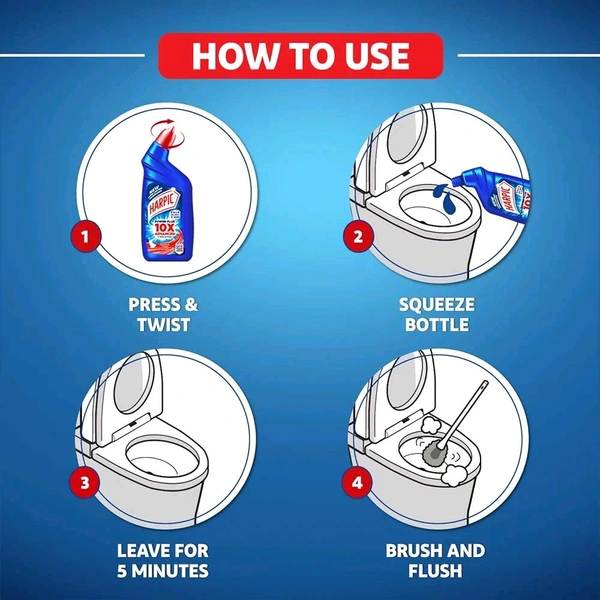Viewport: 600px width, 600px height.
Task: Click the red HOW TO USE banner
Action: point(300,55)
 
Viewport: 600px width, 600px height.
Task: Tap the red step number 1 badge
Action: point(87,238)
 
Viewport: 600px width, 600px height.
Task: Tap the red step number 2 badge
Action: point(355,238)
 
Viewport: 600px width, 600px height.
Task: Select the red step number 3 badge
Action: point(87,484)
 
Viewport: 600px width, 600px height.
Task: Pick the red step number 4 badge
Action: point(355,484)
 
